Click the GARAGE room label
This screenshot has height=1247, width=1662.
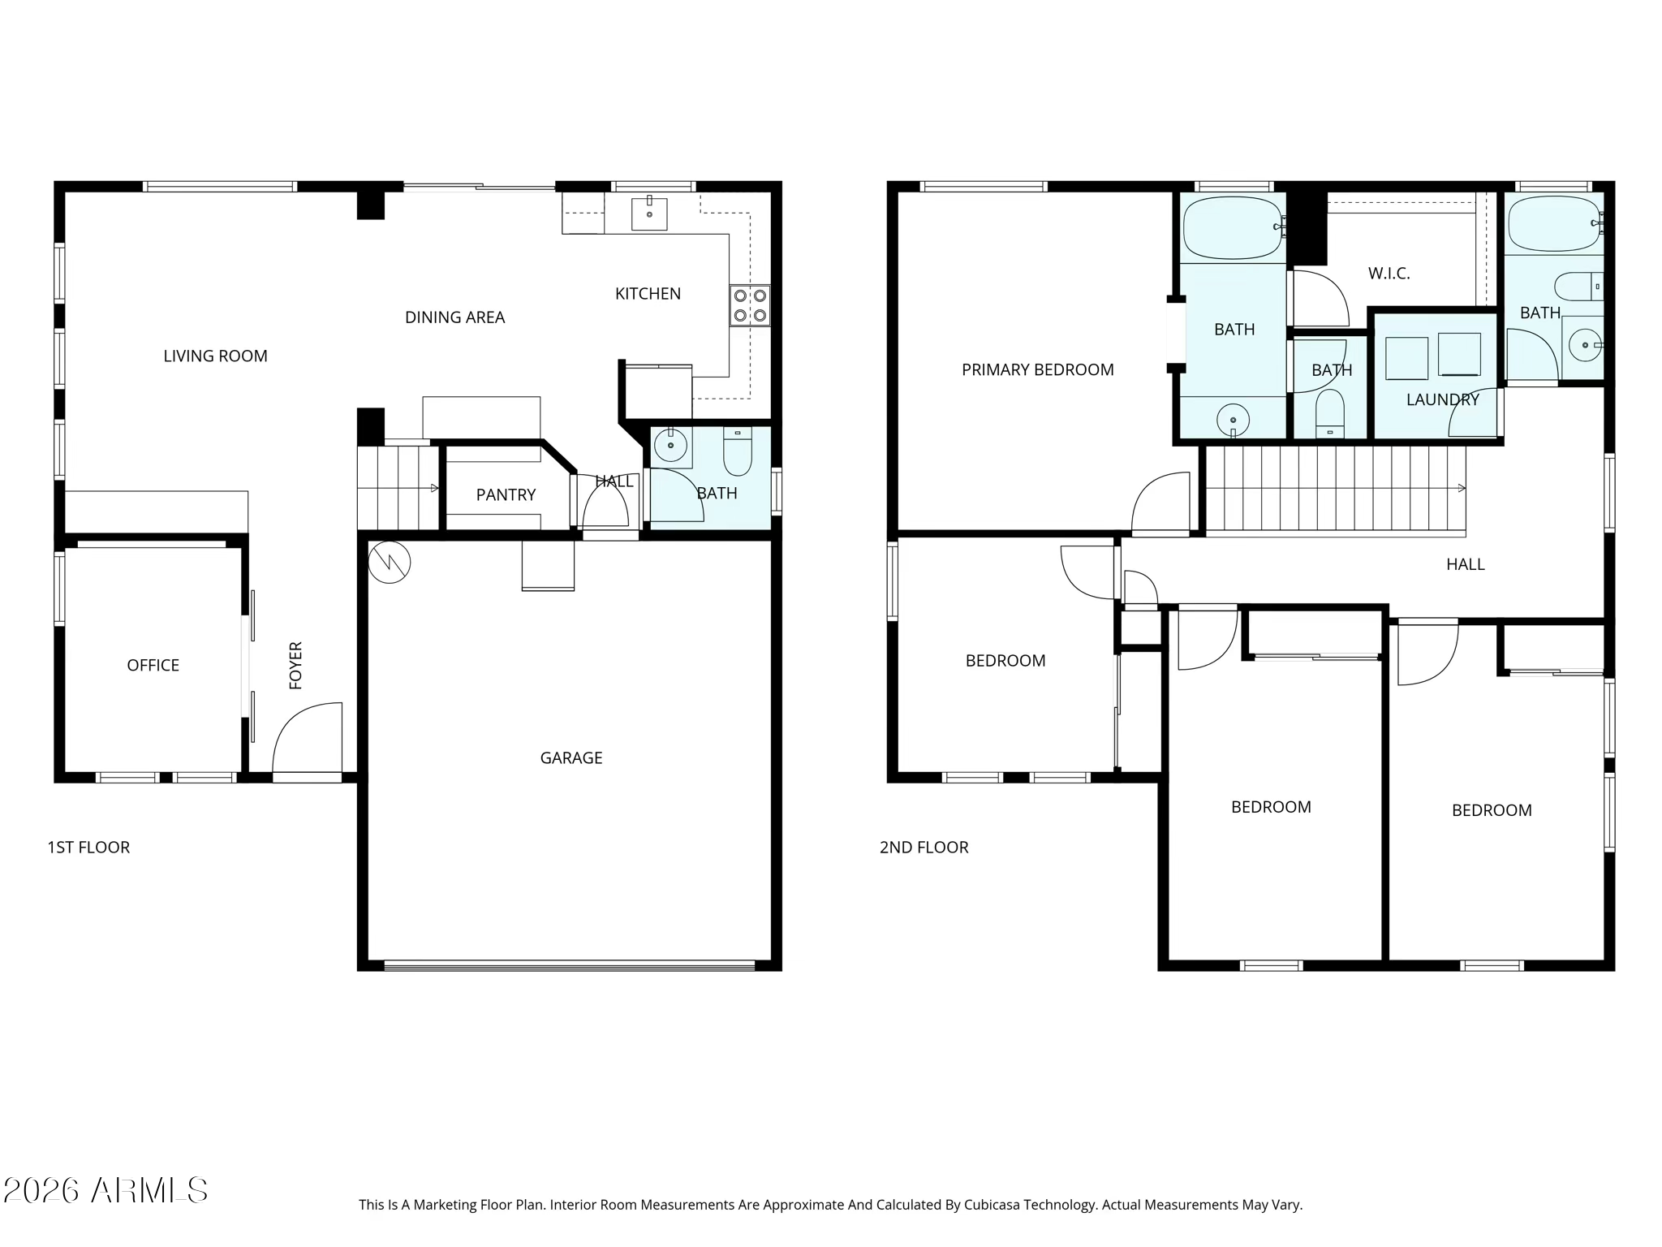(x=571, y=757)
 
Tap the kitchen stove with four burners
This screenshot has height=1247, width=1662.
(x=750, y=305)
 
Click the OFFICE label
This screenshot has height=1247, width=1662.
(x=153, y=665)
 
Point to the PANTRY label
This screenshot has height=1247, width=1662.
(x=506, y=494)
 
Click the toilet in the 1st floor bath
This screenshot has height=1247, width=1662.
(x=738, y=451)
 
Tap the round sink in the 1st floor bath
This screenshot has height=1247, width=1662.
(x=671, y=445)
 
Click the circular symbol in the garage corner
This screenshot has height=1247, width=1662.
(x=390, y=562)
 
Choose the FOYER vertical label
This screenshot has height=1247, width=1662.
(x=295, y=666)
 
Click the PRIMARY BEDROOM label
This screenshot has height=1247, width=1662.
(x=1037, y=369)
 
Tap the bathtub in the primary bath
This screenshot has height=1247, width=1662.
(x=1232, y=228)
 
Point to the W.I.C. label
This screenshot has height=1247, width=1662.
(x=1389, y=274)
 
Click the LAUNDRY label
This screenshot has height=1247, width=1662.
(x=1442, y=399)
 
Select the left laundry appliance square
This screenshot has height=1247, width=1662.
(x=1406, y=358)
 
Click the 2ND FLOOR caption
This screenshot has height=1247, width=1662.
(x=924, y=847)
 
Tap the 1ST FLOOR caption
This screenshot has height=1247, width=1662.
(x=88, y=847)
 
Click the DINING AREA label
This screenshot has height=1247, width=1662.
(x=454, y=317)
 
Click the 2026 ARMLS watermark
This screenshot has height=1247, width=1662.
(x=105, y=1191)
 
